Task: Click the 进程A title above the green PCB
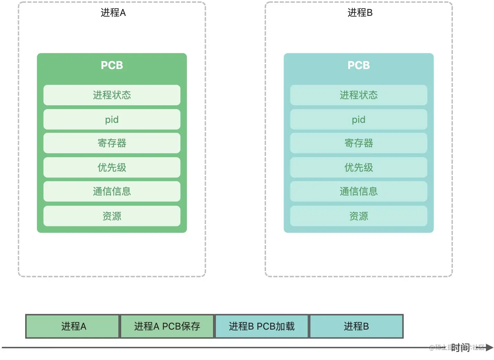coord(113,13)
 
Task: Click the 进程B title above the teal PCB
coord(360,13)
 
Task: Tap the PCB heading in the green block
coord(112,65)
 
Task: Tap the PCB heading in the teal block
coord(359,65)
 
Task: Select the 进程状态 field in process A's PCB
coord(112,95)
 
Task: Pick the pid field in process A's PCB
coord(112,119)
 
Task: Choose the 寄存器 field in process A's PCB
coord(112,143)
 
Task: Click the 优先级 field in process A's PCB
coord(112,167)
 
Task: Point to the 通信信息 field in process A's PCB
coord(112,191)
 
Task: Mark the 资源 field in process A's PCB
coord(112,216)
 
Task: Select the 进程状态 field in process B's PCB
coord(359,95)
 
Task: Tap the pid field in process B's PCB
coord(359,119)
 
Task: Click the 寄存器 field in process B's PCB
coord(359,143)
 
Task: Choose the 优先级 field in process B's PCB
coord(359,167)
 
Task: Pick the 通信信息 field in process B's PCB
coord(359,191)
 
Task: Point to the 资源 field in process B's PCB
coord(359,216)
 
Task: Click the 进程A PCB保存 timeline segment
coord(167,326)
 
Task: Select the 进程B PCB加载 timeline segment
coord(262,326)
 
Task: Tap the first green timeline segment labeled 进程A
coord(73,326)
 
